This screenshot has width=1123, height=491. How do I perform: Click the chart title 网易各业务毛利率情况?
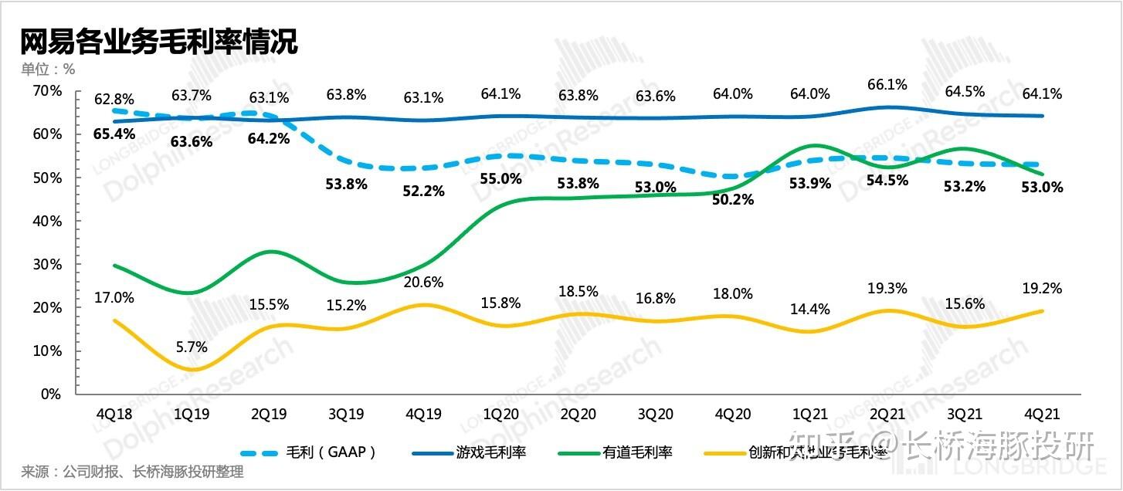(x=159, y=42)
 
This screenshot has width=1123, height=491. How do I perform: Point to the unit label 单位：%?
(x=48, y=69)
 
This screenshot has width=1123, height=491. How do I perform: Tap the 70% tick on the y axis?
(x=46, y=91)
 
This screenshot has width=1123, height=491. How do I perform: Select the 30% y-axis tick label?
(x=46, y=264)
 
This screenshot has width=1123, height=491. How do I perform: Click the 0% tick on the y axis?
(x=51, y=394)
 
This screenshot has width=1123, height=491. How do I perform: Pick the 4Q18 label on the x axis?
(x=114, y=413)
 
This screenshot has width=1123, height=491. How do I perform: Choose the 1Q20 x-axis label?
(x=500, y=413)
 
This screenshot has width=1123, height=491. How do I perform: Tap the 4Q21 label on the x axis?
(x=1041, y=413)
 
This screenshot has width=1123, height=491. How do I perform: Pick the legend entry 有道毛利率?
(x=638, y=452)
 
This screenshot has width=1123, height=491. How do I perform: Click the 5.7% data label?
(x=192, y=347)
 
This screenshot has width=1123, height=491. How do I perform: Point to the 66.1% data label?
(x=887, y=84)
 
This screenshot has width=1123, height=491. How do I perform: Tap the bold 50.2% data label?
(x=732, y=199)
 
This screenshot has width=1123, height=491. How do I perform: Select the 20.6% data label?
(x=423, y=283)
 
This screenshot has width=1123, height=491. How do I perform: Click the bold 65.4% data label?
(x=114, y=134)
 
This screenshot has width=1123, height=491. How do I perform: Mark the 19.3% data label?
(x=887, y=288)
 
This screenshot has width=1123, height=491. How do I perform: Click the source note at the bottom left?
(x=132, y=472)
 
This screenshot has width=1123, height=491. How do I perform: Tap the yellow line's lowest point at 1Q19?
(x=192, y=370)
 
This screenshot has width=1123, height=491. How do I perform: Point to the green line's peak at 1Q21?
(x=811, y=145)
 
